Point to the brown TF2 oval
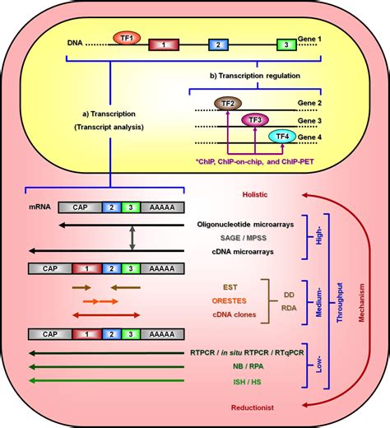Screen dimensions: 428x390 point(226,103)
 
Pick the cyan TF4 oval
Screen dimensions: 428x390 point(281,137)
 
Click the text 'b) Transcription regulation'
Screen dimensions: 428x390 point(267,76)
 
